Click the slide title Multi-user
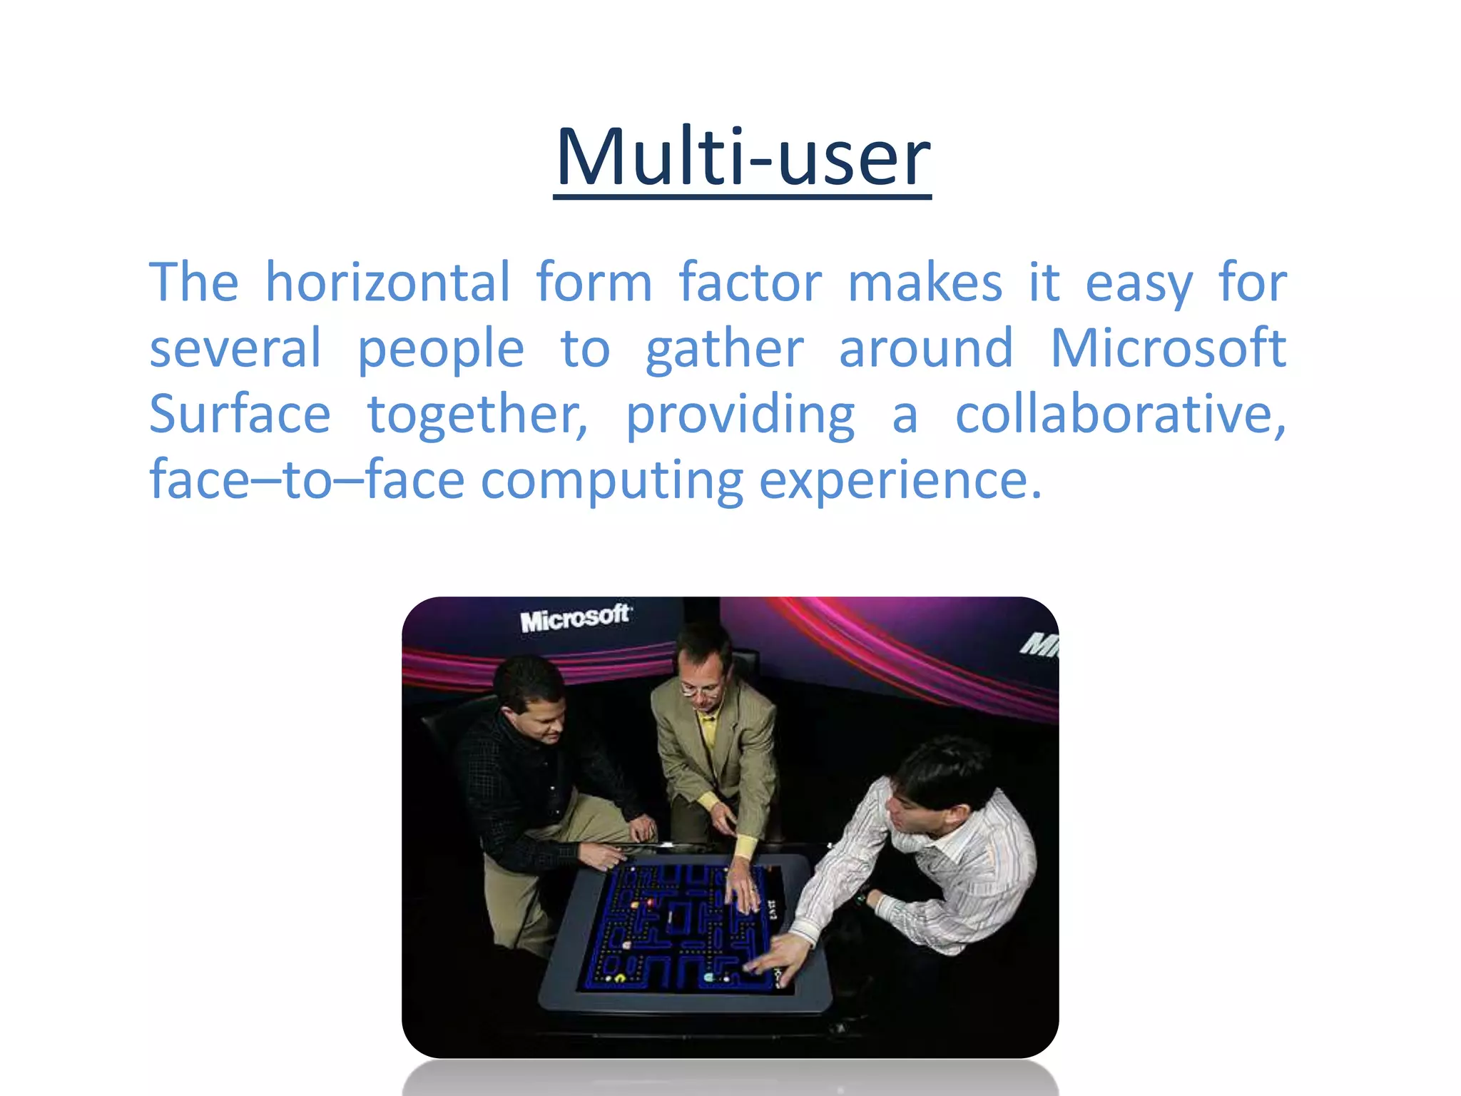(742, 157)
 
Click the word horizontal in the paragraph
(388, 283)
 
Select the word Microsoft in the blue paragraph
(1168, 348)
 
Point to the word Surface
(240, 414)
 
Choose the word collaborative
(1120, 414)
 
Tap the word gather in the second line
(725, 350)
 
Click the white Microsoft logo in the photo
(575, 618)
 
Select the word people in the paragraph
(441, 350)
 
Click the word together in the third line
(477, 414)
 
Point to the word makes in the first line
(925, 283)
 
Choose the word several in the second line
(235, 348)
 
